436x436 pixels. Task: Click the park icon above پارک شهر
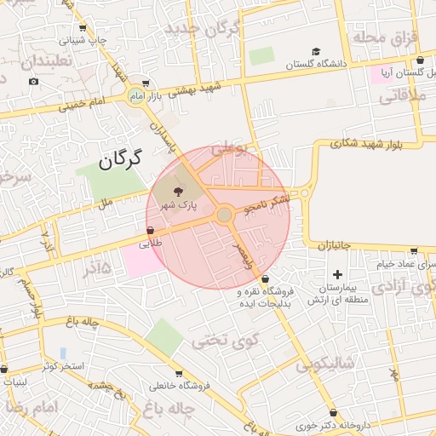click(177, 191)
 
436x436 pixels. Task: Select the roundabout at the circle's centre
click(224, 215)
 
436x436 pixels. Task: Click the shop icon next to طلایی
click(151, 230)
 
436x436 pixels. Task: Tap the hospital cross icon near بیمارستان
click(338, 274)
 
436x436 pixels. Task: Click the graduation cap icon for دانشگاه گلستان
click(317, 51)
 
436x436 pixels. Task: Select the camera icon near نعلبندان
click(33, 81)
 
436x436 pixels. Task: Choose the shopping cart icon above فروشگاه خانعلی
click(178, 373)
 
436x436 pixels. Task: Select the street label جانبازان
click(335, 245)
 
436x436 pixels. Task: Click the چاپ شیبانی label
click(88, 39)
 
